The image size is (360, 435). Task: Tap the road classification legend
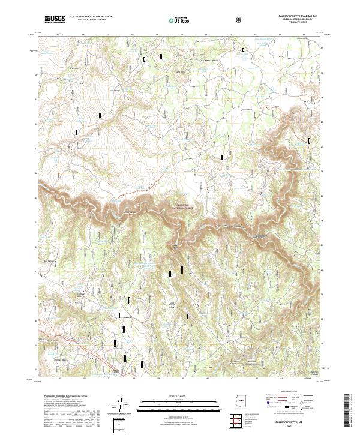point(289,402)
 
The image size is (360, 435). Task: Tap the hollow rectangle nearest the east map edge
point(309,140)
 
